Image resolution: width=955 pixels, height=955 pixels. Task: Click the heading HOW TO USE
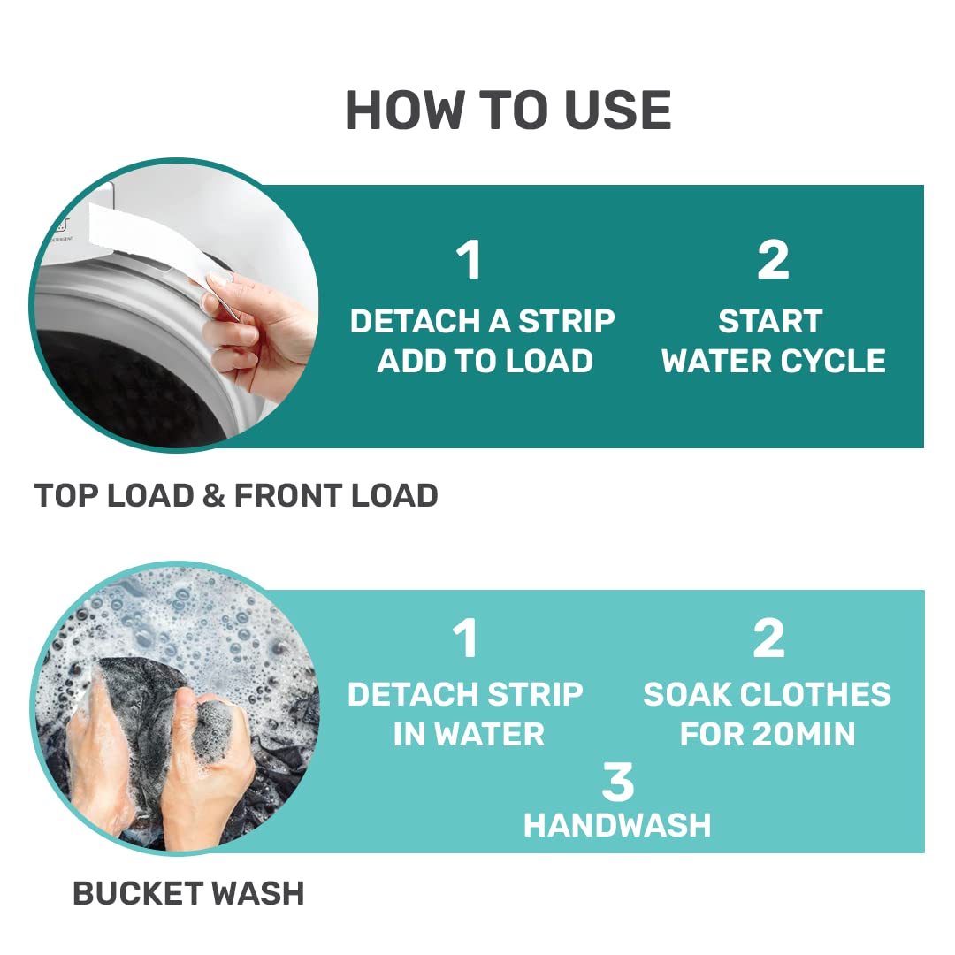coord(508,110)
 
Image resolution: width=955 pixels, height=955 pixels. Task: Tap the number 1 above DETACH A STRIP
coord(469,259)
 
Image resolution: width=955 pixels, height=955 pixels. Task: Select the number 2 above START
coord(773,259)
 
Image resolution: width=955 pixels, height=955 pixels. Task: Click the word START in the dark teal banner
coord(770,321)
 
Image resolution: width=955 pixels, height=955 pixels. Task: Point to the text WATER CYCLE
coord(774,361)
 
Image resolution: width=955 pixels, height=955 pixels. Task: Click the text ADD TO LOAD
coord(485,361)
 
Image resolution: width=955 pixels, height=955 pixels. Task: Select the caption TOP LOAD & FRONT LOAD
coord(236,494)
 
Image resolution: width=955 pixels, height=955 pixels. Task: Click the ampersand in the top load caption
coord(214,494)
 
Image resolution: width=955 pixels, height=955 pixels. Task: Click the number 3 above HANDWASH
coord(617,782)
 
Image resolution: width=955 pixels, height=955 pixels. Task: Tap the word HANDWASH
coord(617,825)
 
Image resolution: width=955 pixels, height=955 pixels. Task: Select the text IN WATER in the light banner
coord(469,733)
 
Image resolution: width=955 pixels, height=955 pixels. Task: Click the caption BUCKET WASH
coord(188,893)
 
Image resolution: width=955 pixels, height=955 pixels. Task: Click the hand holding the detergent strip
coord(259,329)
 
